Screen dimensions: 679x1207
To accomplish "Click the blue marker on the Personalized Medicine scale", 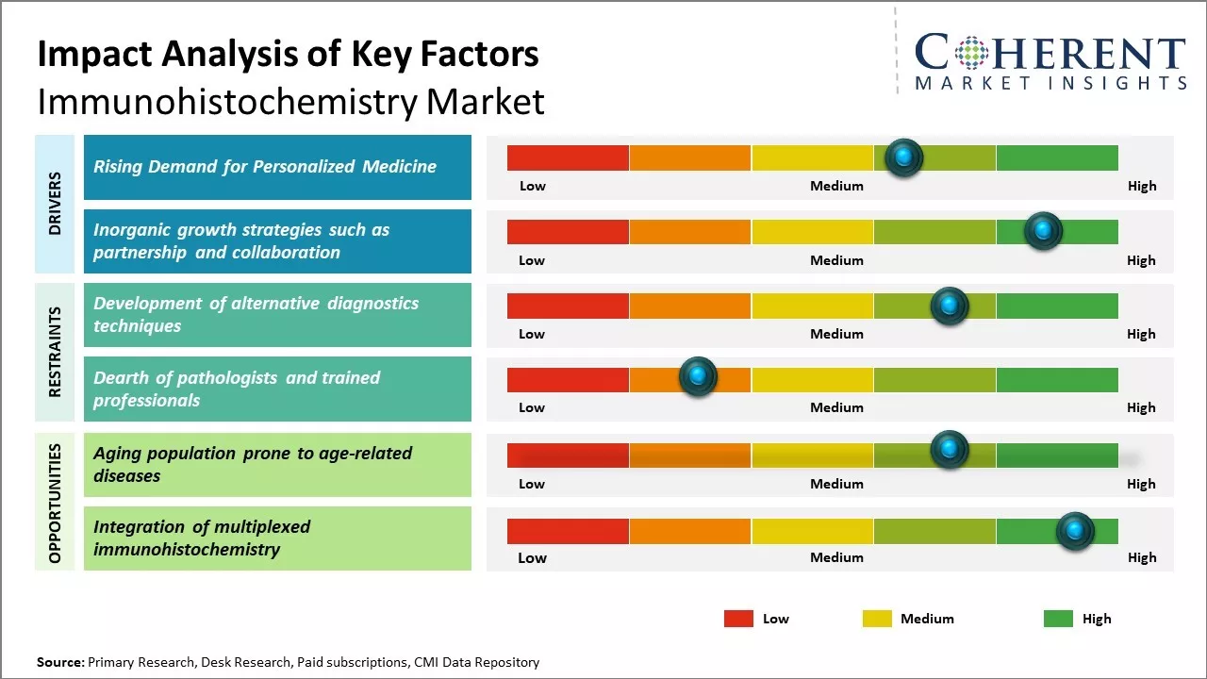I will [904, 157].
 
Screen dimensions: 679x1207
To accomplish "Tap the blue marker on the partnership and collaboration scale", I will [1043, 231].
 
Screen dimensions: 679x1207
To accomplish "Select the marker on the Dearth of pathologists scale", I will [698, 377].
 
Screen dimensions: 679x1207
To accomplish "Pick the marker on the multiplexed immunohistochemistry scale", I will [1074, 531].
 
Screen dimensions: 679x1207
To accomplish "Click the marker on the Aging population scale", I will [949, 450].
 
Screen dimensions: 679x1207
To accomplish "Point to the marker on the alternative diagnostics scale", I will [949, 306].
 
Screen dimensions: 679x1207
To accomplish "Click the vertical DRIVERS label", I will [55, 203].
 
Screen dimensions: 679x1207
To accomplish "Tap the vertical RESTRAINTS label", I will [55, 352].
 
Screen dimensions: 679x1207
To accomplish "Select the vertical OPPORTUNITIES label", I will [55, 503].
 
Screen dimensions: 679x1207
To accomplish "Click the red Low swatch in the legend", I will [738, 619].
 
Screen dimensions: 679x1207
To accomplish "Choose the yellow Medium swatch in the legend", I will [877, 619].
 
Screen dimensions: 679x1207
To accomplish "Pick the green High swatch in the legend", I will [1058, 619].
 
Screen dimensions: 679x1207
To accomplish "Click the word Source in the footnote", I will [59, 662].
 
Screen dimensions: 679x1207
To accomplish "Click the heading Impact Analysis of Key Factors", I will [288, 54].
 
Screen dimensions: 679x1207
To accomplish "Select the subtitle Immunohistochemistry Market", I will [290, 101].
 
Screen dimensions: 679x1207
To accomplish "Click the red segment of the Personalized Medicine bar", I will [568, 157].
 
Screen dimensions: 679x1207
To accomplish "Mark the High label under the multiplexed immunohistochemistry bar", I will [1141, 557].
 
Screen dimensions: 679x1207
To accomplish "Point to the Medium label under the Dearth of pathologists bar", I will [836, 407].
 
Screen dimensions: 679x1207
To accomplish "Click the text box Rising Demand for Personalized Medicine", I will [277, 167].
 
